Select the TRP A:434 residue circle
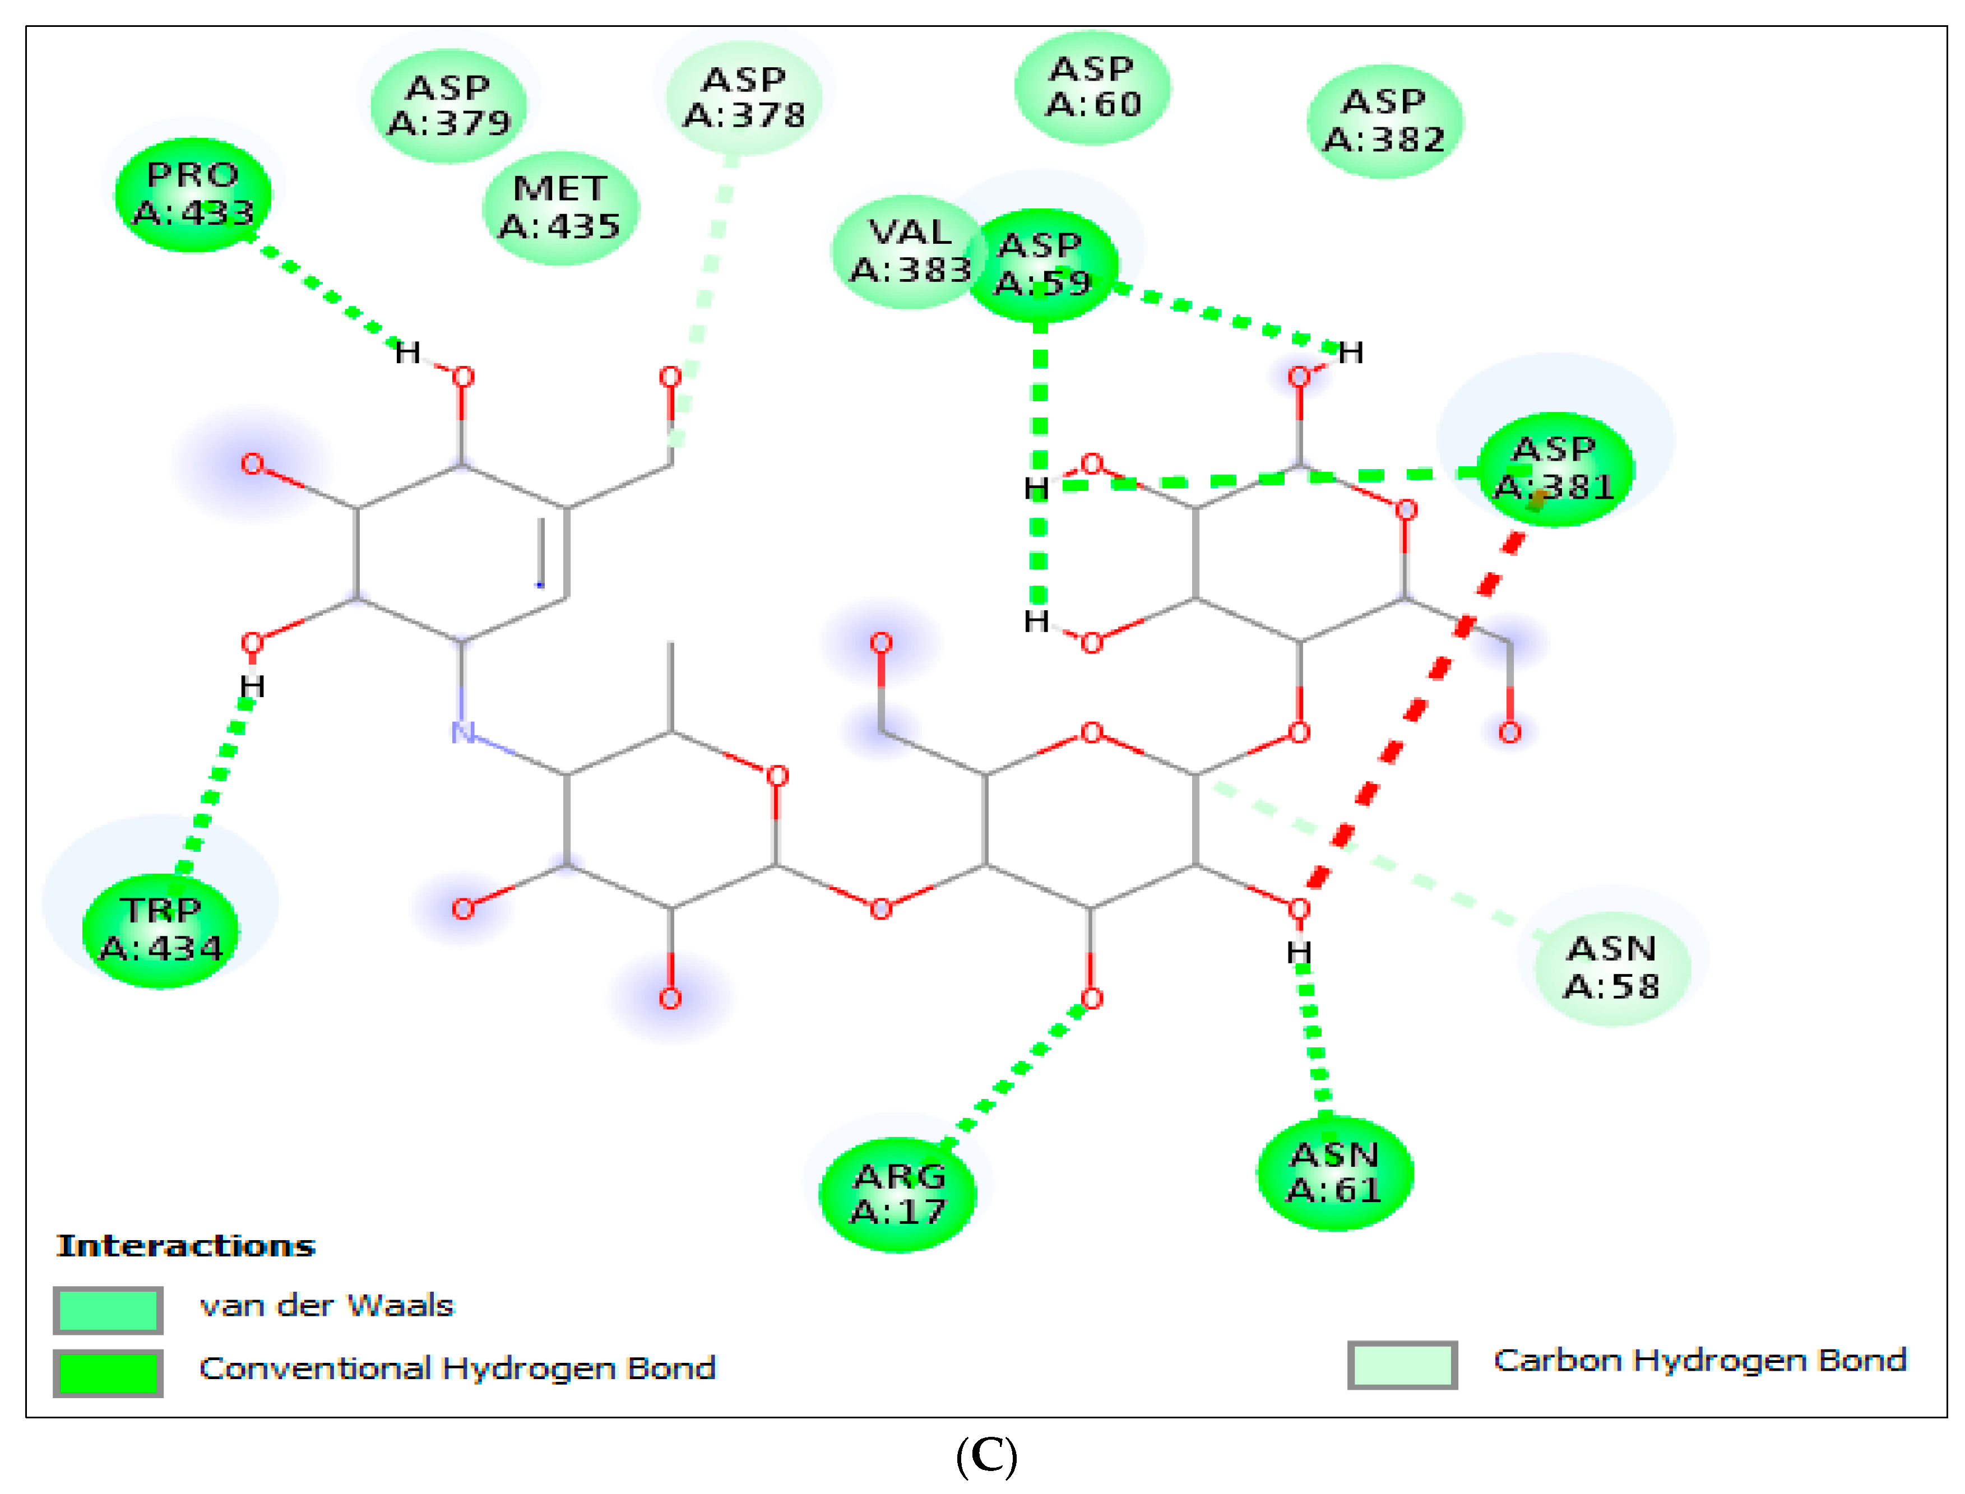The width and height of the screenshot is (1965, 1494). (x=161, y=930)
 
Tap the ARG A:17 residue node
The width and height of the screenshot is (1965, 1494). (x=897, y=1194)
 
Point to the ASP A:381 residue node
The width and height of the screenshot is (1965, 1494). (x=1555, y=468)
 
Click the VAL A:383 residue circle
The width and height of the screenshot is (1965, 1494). (x=907, y=252)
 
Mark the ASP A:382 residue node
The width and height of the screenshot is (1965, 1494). (x=1384, y=121)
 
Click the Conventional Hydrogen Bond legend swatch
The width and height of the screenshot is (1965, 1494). (x=108, y=1372)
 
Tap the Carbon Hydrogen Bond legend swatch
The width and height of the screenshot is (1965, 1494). (x=1401, y=1364)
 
